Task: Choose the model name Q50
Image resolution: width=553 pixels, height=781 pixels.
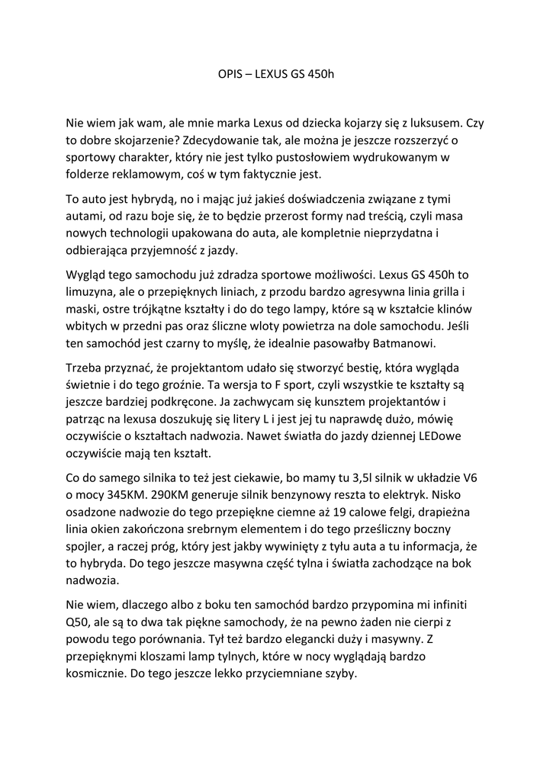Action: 79,622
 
